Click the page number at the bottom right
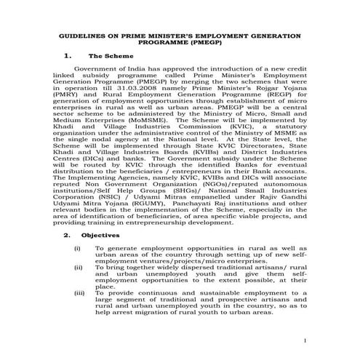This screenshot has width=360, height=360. pyautogui.click(x=306, y=340)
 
